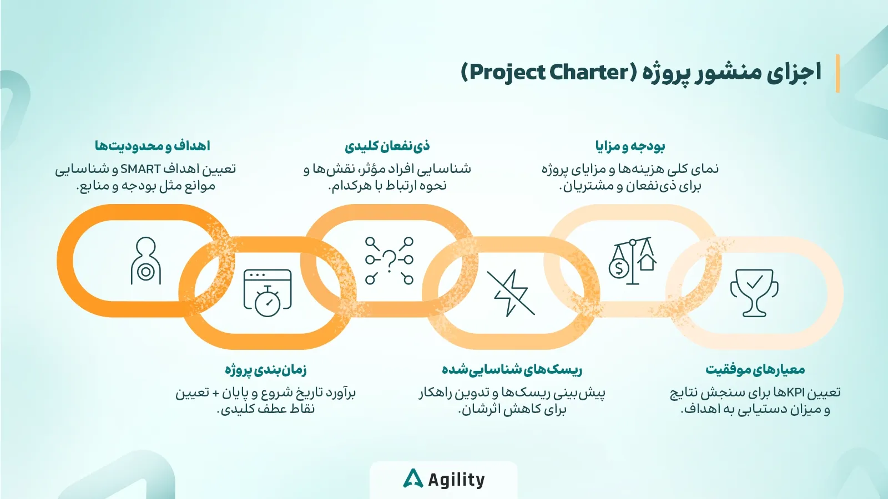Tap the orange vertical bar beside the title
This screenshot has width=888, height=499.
(x=837, y=74)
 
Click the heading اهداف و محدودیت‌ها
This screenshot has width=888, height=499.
(x=152, y=146)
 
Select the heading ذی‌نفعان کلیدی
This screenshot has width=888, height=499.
(x=387, y=146)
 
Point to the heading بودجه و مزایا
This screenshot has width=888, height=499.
(x=630, y=146)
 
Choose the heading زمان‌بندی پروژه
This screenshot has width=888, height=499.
(x=266, y=370)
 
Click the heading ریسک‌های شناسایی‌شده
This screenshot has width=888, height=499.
(x=512, y=370)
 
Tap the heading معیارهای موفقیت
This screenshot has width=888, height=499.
(x=755, y=370)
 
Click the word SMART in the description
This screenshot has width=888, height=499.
(x=140, y=169)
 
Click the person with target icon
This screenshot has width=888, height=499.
(x=146, y=261)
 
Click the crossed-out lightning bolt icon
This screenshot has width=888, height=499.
(x=511, y=293)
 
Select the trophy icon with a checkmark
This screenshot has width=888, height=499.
(x=754, y=293)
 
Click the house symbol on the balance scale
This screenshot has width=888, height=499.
(x=647, y=262)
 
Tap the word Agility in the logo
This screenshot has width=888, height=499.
(x=456, y=480)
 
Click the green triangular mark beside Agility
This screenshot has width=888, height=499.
(x=413, y=478)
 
